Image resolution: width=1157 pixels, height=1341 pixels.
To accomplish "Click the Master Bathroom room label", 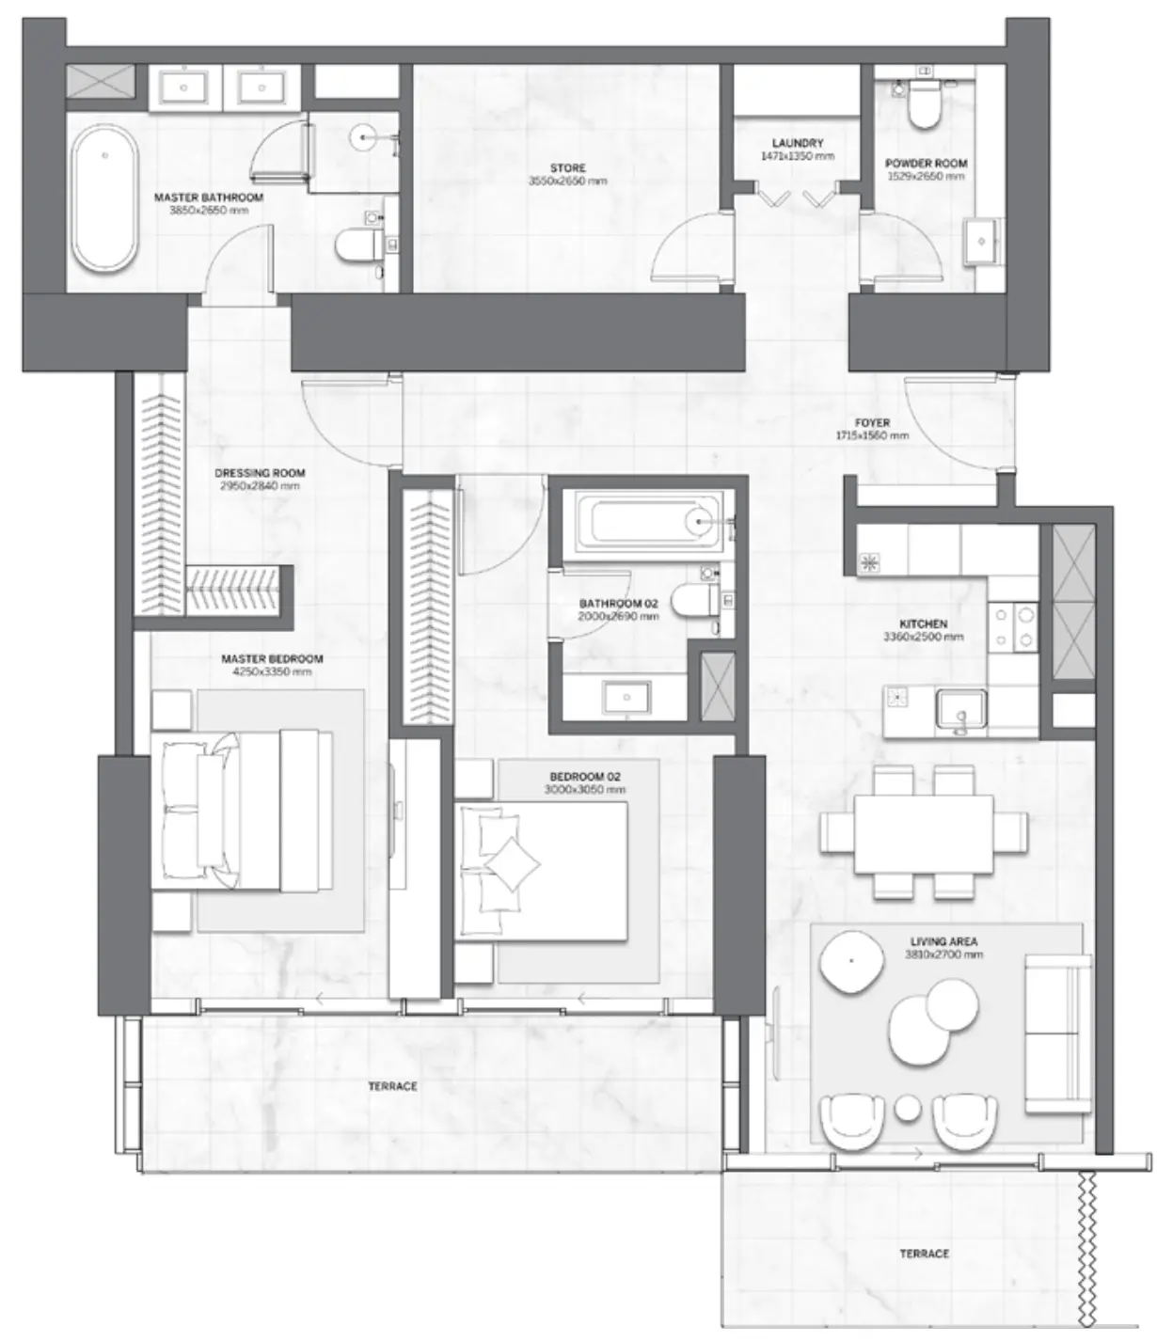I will (x=208, y=197).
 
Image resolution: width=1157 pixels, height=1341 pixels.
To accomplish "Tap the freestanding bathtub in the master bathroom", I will (x=104, y=198).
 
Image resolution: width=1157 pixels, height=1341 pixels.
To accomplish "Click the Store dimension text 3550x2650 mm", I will (x=567, y=181).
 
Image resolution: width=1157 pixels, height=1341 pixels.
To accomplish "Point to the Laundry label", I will (x=797, y=144).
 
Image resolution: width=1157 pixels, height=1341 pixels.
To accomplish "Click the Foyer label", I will (x=872, y=423).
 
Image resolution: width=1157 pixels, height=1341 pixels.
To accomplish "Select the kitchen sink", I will (x=960, y=711).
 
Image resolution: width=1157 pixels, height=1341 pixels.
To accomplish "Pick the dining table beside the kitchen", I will (x=923, y=833).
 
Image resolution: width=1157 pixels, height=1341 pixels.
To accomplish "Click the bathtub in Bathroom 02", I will (x=648, y=520).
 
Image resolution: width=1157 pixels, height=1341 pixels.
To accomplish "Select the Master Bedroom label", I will (x=272, y=659).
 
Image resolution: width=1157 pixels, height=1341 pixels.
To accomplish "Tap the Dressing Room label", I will (x=260, y=473).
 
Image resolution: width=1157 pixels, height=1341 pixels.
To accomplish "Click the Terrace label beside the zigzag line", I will (x=924, y=1254).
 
